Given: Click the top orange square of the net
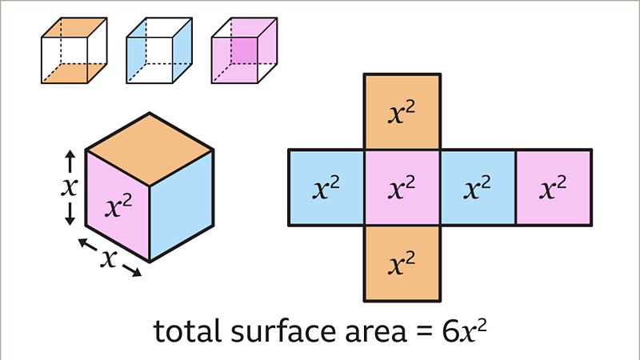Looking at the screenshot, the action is [x=402, y=111].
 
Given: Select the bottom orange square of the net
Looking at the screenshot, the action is [x=402, y=264].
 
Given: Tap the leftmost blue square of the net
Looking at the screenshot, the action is [x=326, y=187].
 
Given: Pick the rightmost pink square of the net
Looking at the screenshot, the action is [x=554, y=187].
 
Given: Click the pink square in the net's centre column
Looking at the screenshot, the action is [x=402, y=187].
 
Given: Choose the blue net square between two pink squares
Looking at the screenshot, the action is [x=478, y=187].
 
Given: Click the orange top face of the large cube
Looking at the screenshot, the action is [x=150, y=150].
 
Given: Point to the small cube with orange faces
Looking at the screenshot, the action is [x=74, y=50].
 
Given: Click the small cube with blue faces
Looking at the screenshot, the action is [x=159, y=50].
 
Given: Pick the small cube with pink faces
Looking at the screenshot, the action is [x=245, y=50].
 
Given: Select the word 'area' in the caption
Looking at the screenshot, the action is [x=376, y=333].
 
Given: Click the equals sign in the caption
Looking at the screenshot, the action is [x=425, y=333].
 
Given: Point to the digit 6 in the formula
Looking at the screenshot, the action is [x=450, y=331].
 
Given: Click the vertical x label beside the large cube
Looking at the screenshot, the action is [x=70, y=187].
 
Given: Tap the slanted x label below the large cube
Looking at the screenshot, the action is [x=109, y=258].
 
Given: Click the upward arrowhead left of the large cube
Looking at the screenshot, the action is [x=70, y=155].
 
